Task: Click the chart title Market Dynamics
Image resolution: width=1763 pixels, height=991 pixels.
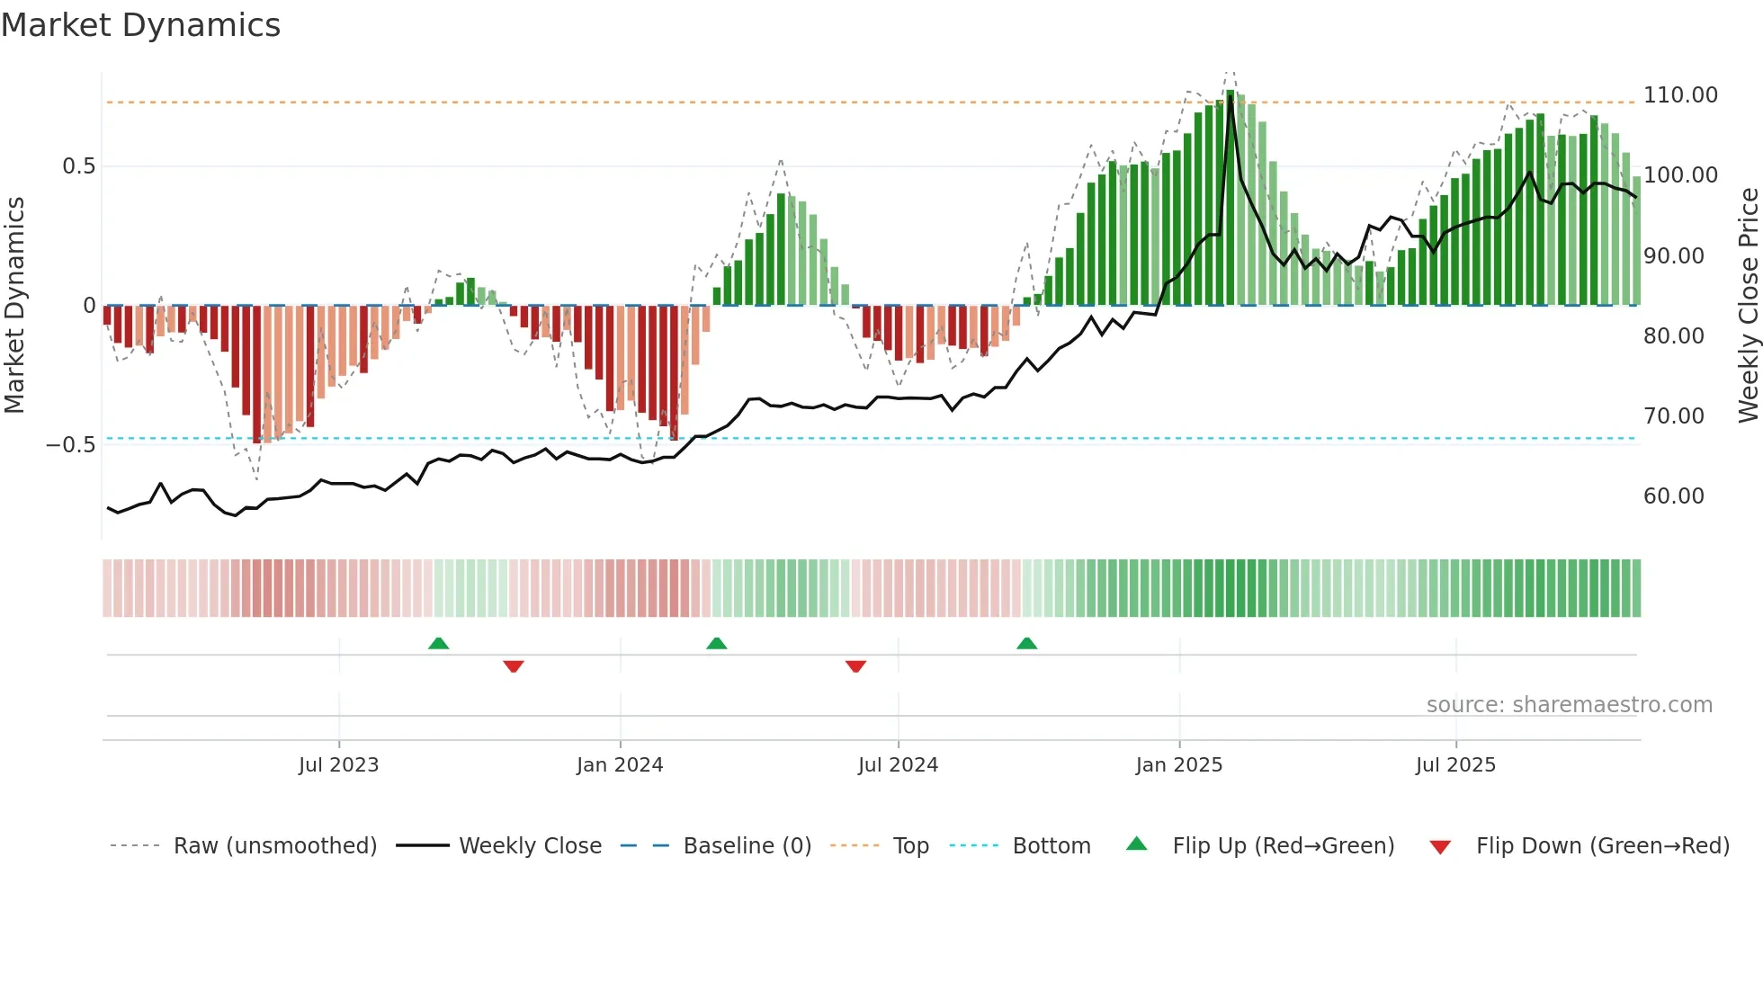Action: pyautogui.click(x=141, y=25)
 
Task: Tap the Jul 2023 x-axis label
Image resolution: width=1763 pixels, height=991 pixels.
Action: pyautogui.click(x=338, y=765)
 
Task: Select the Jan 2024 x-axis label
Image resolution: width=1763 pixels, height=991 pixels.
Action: pyautogui.click(x=620, y=765)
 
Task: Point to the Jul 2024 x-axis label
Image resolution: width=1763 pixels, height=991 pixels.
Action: pyautogui.click(x=898, y=765)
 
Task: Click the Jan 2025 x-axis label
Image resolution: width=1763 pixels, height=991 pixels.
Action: pyautogui.click(x=1178, y=765)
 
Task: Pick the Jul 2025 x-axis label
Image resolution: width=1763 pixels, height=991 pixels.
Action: pyautogui.click(x=1455, y=765)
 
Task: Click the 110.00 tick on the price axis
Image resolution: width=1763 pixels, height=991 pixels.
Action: pyautogui.click(x=1680, y=95)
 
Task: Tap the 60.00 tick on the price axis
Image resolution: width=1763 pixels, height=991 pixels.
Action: pyautogui.click(x=1673, y=496)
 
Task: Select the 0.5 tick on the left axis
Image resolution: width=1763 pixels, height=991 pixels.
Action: pyautogui.click(x=78, y=166)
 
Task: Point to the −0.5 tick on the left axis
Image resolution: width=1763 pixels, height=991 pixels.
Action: pyautogui.click(x=71, y=445)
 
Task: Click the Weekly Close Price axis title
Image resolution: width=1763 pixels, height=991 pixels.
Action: pyautogui.click(x=1748, y=306)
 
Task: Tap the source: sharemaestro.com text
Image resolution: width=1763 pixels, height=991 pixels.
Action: pyautogui.click(x=1569, y=705)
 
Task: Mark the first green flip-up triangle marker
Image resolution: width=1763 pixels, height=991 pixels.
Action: pyautogui.click(x=438, y=643)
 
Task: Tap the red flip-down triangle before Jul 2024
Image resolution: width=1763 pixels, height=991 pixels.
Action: pyautogui.click(x=855, y=666)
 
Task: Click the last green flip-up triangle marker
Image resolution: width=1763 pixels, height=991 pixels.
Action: pyautogui.click(x=1026, y=643)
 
